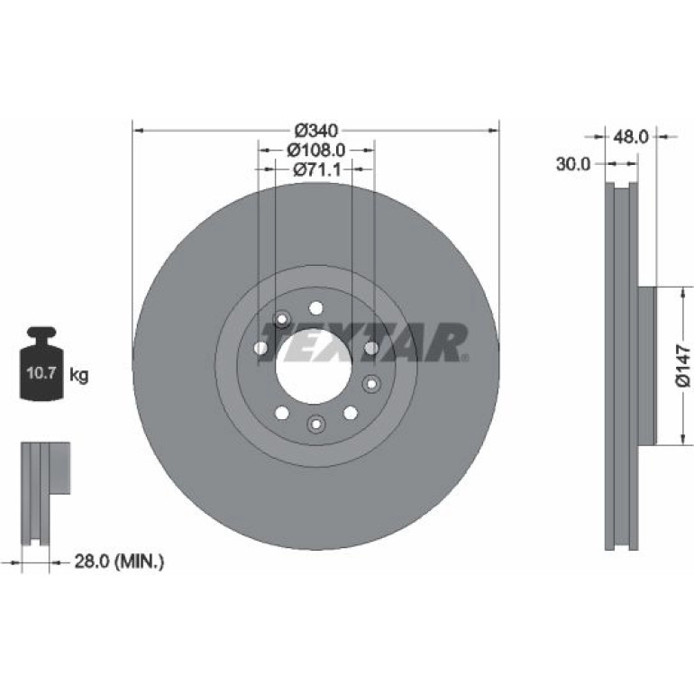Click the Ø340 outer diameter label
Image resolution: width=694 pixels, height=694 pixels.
pos(316,131)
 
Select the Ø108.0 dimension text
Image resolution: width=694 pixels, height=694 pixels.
pos(316,151)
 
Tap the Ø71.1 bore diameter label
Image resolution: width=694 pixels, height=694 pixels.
pos(317,169)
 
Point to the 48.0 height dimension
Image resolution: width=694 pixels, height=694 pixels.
pos(630,137)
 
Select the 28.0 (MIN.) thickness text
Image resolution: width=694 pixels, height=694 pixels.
pos(119,562)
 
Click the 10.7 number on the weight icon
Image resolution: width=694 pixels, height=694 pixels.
pos(41,372)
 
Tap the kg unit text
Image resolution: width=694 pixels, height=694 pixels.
pos(79,375)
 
